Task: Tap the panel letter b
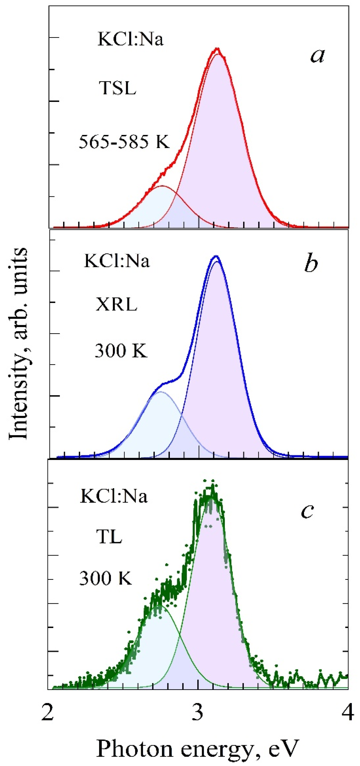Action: pos(311,263)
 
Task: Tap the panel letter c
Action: pos(307,511)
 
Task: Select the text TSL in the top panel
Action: pos(117,88)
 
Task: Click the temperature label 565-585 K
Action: pos(124,142)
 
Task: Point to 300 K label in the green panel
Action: pos(105,579)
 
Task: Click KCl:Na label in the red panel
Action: pos(130,39)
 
